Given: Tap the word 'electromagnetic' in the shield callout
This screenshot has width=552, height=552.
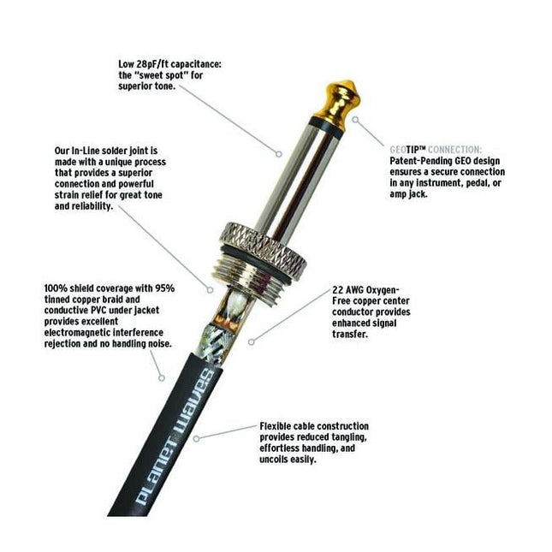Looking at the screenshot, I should (73, 333).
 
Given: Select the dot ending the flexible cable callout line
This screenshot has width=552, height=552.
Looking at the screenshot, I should (198, 437).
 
